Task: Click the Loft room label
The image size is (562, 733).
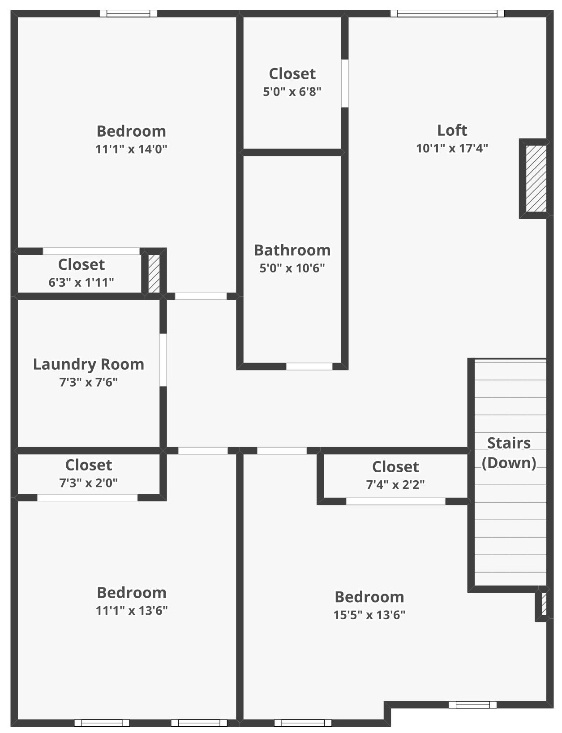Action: tap(452, 130)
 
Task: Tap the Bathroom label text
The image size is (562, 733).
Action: tap(292, 250)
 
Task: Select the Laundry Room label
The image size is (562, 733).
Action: tap(88, 364)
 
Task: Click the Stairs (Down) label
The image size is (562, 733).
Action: tap(509, 453)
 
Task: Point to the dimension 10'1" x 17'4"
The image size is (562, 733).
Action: tap(452, 148)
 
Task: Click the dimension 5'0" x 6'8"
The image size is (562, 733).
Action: tap(292, 91)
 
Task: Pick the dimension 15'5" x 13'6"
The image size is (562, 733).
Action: tap(369, 615)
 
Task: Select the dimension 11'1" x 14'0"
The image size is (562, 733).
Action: tap(131, 149)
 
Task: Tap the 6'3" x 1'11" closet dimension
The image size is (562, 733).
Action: tap(81, 282)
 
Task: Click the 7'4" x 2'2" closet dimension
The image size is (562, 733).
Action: tap(395, 485)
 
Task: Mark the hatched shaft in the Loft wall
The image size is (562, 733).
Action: tap(536, 178)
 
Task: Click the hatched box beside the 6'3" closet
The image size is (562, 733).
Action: tap(154, 274)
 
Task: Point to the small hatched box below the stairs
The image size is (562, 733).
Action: tap(544, 603)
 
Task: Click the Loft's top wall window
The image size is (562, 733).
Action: tap(447, 13)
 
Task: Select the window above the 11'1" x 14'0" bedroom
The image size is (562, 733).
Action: tap(129, 13)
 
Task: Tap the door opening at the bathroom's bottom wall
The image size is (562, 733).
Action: tap(309, 366)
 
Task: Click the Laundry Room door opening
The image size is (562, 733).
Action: tap(163, 360)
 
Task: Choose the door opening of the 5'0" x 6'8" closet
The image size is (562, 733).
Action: tap(344, 83)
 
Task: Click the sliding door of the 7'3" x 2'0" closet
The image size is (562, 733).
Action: tap(87, 497)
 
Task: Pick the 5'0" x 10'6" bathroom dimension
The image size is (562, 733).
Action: tap(292, 268)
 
